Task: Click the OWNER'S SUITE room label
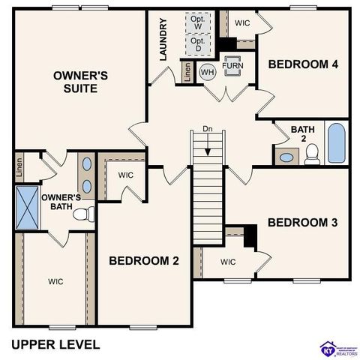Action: tap(80, 82)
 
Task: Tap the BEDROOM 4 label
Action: tap(303, 64)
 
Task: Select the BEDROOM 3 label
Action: tap(302, 223)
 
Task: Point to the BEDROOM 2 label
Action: tap(144, 261)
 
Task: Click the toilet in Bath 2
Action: tap(313, 154)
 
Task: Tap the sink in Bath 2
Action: tap(286, 157)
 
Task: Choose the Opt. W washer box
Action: tap(199, 22)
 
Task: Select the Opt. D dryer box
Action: tap(199, 44)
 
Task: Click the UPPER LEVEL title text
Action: tap(55, 344)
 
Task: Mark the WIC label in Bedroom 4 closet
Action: tap(241, 22)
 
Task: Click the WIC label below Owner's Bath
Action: tap(55, 281)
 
